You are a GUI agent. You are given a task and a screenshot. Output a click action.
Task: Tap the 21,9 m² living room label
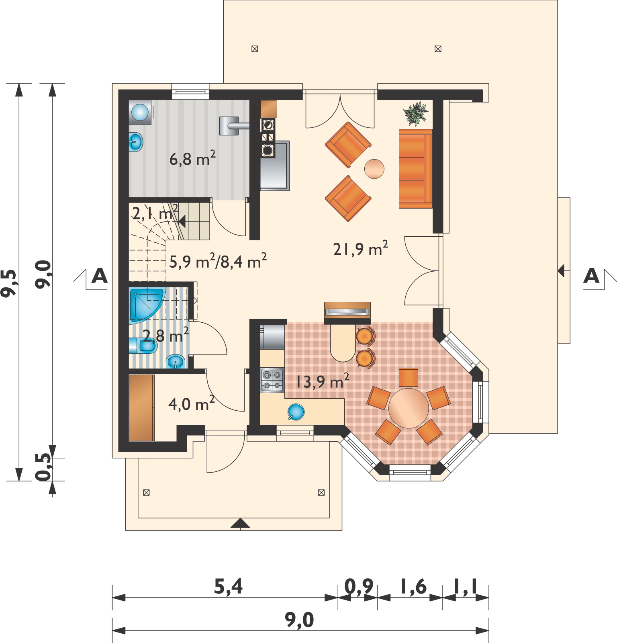pyautogui.click(x=360, y=249)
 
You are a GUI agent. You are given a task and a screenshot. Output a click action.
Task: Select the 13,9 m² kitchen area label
pyautogui.click(x=322, y=381)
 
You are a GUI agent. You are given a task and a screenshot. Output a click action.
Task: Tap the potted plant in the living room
pyautogui.click(x=417, y=113)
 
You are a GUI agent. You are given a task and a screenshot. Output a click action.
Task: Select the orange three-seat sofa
pyautogui.click(x=415, y=168)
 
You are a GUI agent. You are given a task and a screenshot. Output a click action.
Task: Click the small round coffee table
pyautogui.click(x=374, y=168)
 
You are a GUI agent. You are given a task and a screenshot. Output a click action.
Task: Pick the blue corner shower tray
pyautogui.click(x=146, y=305)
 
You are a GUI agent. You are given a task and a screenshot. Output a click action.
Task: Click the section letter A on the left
pyautogui.click(x=100, y=276)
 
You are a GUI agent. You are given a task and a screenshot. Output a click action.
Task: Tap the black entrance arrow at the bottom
pyautogui.click(x=240, y=523)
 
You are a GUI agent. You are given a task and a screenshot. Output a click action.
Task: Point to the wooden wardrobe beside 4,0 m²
pyautogui.click(x=141, y=408)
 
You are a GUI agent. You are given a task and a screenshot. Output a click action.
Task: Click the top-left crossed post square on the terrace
pyautogui.click(x=254, y=49)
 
